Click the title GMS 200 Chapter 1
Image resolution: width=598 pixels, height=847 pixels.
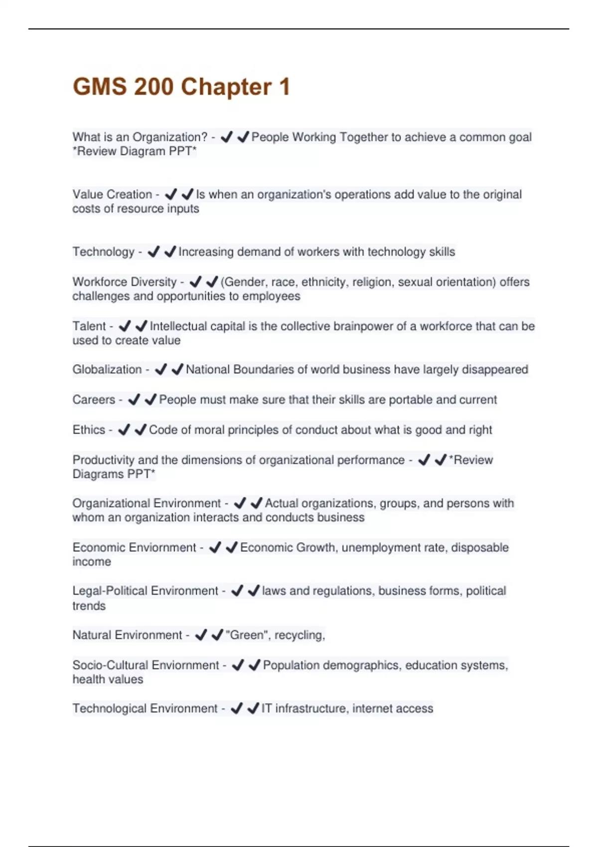[x=181, y=87]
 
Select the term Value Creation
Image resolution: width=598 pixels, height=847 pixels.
[x=112, y=194]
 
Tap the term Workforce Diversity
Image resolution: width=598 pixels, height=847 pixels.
[x=125, y=282]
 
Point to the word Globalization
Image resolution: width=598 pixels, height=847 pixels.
[x=107, y=370]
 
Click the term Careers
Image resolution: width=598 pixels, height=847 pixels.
[x=94, y=400]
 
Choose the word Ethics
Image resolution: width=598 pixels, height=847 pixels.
[x=89, y=429]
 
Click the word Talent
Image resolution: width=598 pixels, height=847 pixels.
[x=89, y=326]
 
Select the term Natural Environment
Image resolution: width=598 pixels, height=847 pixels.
[x=127, y=635]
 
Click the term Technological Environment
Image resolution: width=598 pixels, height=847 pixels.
[x=145, y=708]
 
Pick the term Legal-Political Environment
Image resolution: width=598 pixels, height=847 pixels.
[x=145, y=591]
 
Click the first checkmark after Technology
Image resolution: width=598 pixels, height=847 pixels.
[x=153, y=252]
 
